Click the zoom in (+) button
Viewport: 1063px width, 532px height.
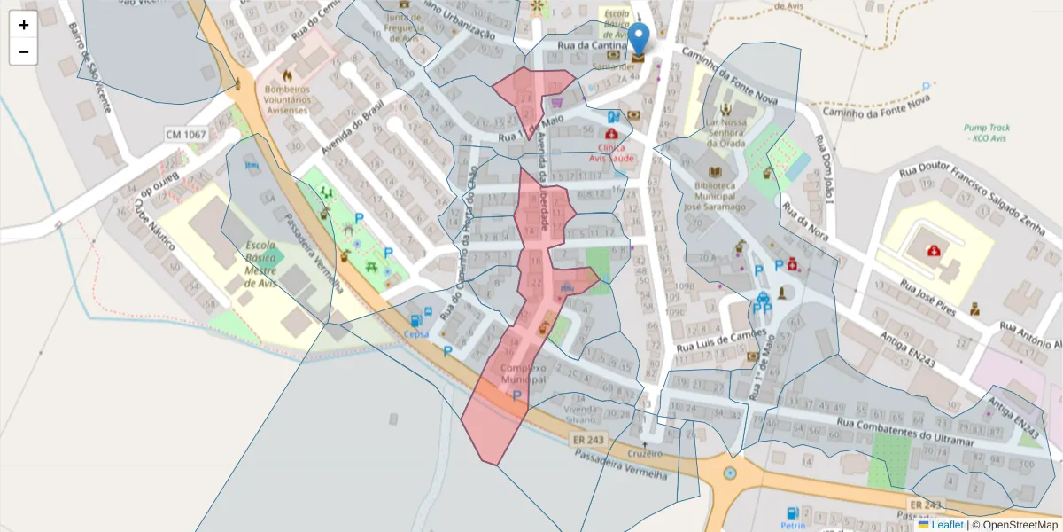coord(24,25)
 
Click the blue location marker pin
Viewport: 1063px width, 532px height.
coord(638,40)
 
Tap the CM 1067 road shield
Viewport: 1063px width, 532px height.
coord(185,135)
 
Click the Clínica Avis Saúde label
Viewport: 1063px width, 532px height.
coord(611,153)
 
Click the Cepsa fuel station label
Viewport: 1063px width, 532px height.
coord(415,334)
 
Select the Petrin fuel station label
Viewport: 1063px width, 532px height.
coord(793,525)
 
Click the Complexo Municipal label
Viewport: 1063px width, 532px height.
coord(524,373)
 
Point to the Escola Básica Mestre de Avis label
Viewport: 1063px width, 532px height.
coord(260,264)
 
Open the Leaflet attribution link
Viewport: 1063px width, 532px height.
coord(946,525)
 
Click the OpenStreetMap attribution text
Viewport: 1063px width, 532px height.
coord(1015,525)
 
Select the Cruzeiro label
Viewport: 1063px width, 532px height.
coord(645,453)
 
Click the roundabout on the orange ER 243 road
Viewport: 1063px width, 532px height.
coord(729,473)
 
